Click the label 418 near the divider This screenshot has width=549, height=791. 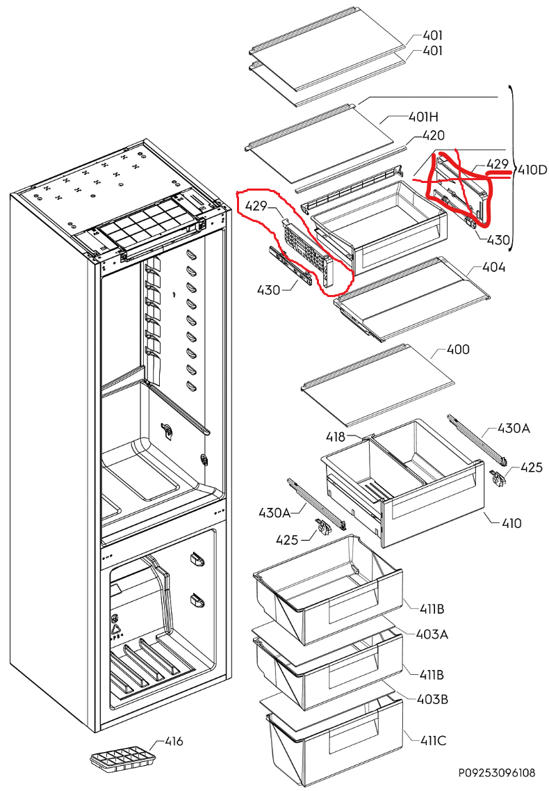(336, 437)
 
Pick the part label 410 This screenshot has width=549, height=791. (511, 523)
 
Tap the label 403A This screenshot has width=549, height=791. (432, 634)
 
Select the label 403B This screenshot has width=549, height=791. (432, 699)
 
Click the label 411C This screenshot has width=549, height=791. (432, 740)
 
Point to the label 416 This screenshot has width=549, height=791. (173, 742)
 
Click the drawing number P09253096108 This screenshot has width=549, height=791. (496, 773)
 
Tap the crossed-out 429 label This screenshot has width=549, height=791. (498, 164)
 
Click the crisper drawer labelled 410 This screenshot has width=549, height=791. (403, 487)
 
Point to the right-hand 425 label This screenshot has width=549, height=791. (531, 468)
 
